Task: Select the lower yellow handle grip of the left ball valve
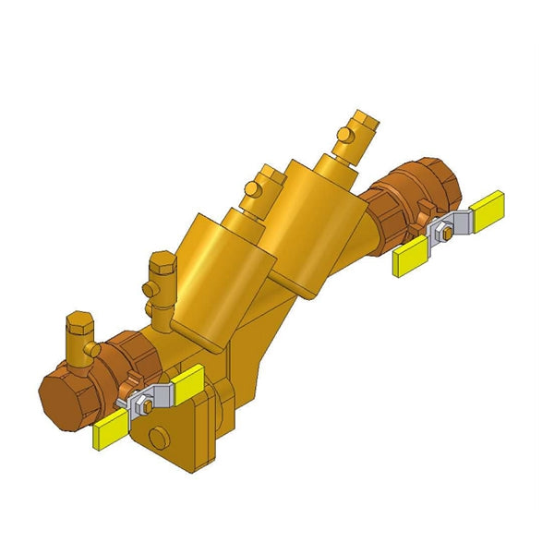click(110, 430)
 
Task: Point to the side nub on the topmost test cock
click(343, 137)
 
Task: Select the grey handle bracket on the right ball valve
click(454, 224)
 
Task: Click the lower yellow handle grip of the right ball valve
click(410, 262)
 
